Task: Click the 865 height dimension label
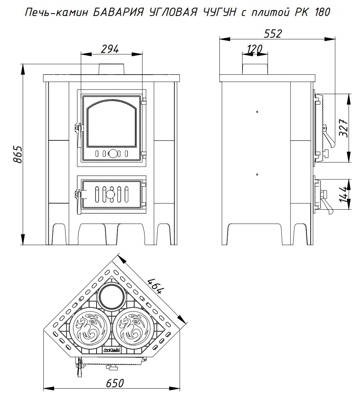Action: [x=18, y=154]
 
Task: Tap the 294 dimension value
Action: [x=110, y=49]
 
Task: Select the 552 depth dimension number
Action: [x=273, y=34]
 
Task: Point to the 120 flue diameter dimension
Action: [x=255, y=49]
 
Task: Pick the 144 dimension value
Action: [x=344, y=195]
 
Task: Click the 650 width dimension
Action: [x=115, y=383]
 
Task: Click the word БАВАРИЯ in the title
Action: [x=119, y=12]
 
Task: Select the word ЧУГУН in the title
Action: [x=220, y=12]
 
